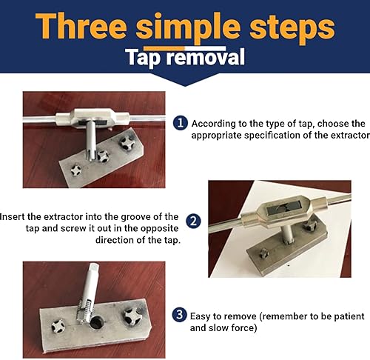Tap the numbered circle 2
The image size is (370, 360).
192,221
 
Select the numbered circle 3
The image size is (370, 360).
179,315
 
